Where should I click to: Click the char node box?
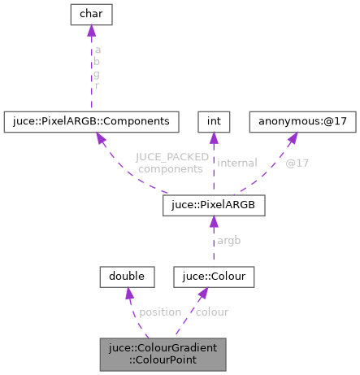pos(91,13)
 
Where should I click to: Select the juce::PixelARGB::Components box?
pos(90,120)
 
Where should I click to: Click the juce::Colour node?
pos(214,277)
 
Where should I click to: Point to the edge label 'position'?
pos(159,311)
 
